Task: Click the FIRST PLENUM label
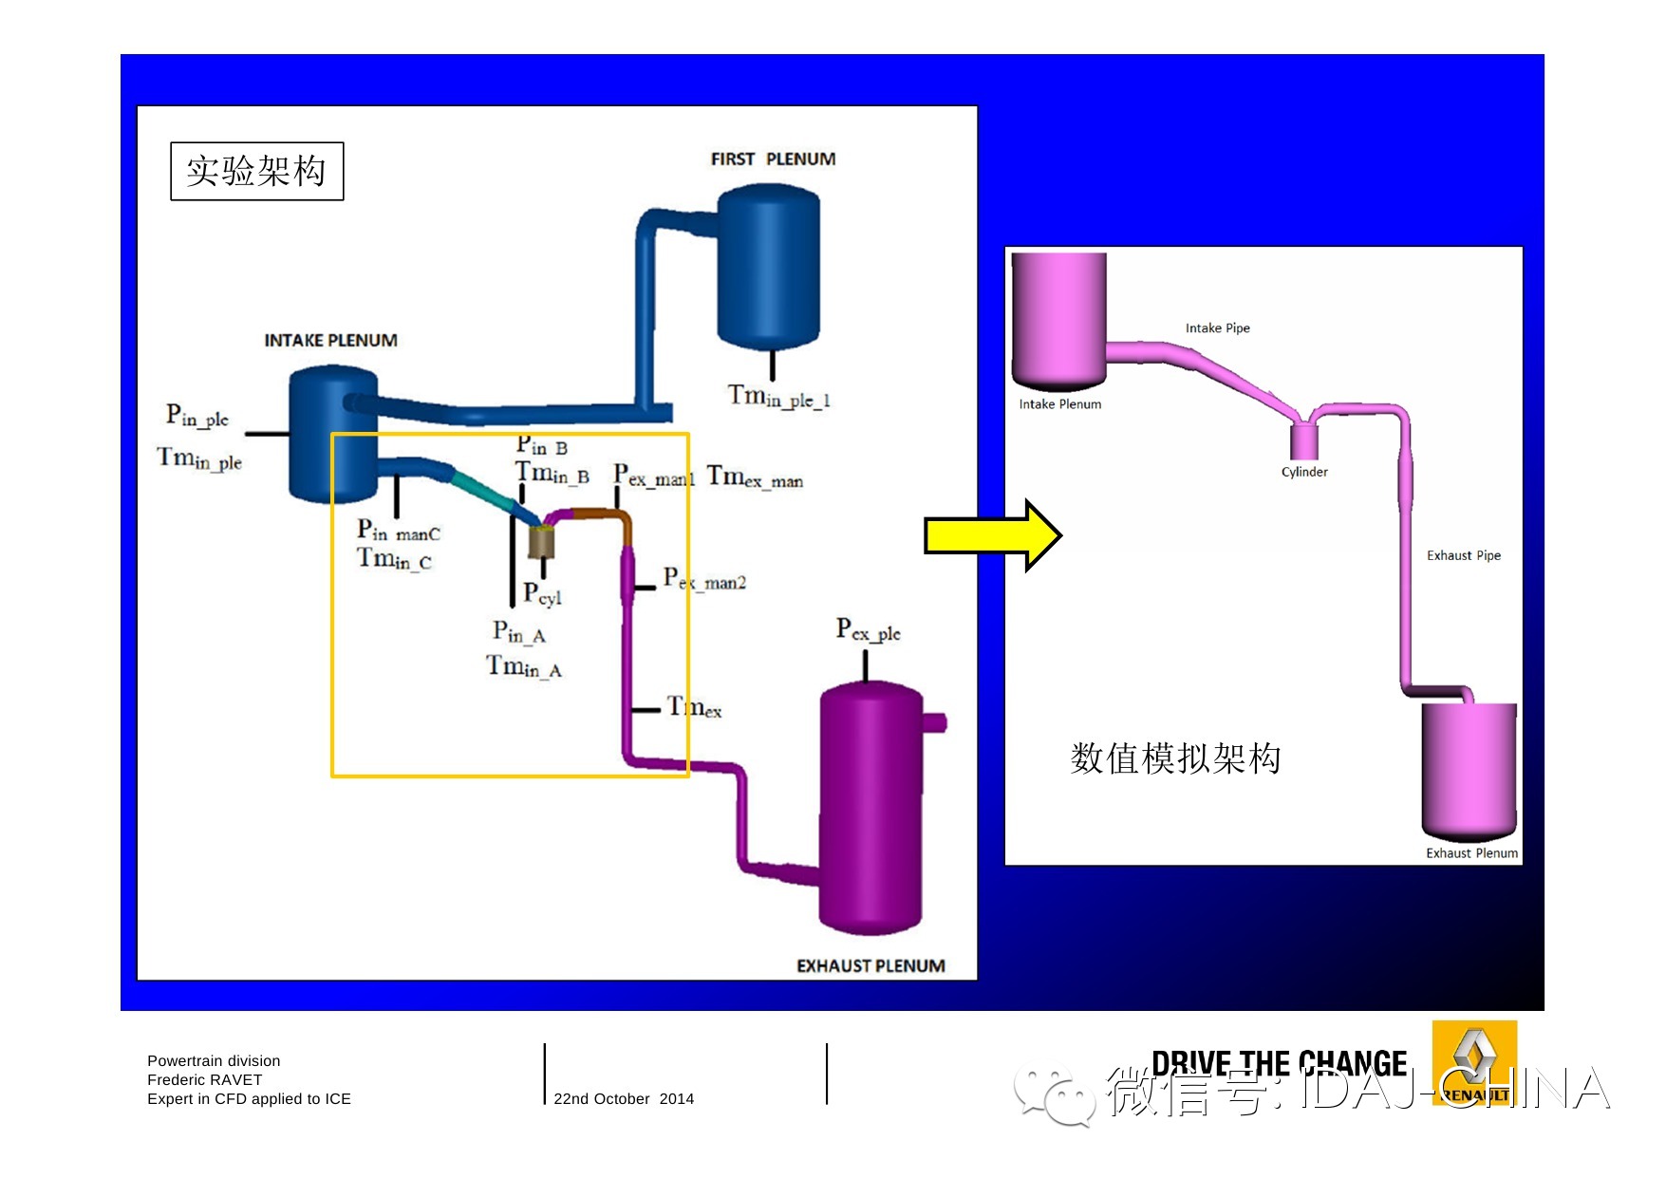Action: pyautogui.click(x=773, y=159)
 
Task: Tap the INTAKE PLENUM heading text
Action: pyautogui.click(x=330, y=340)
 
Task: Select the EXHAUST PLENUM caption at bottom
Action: pyautogui.click(x=870, y=965)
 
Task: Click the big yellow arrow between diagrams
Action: pyautogui.click(x=992, y=535)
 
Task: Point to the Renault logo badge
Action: pyautogui.click(x=1474, y=1064)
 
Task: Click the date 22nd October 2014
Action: pyautogui.click(x=624, y=1098)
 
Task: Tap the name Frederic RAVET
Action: pyautogui.click(x=204, y=1079)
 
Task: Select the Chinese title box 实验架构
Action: pyautogui.click(x=256, y=171)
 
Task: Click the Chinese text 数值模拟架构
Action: pyautogui.click(x=1175, y=758)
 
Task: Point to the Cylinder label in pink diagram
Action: pyautogui.click(x=1304, y=472)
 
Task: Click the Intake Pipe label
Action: pyautogui.click(x=1217, y=327)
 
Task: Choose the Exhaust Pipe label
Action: pyautogui.click(x=1463, y=555)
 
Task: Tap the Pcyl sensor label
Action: pyautogui.click(x=542, y=594)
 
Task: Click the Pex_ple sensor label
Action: pyautogui.click(x=868, y=630)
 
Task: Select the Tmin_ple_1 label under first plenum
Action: pyautogui.click(x=778, y=396)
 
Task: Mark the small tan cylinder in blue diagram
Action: pyautogui.click(x=541, y=542)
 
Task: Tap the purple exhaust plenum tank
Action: pyautogui.click(x=870, y=807)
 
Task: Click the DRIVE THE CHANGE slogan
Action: pyautogui.click(x=1279, y=1064)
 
